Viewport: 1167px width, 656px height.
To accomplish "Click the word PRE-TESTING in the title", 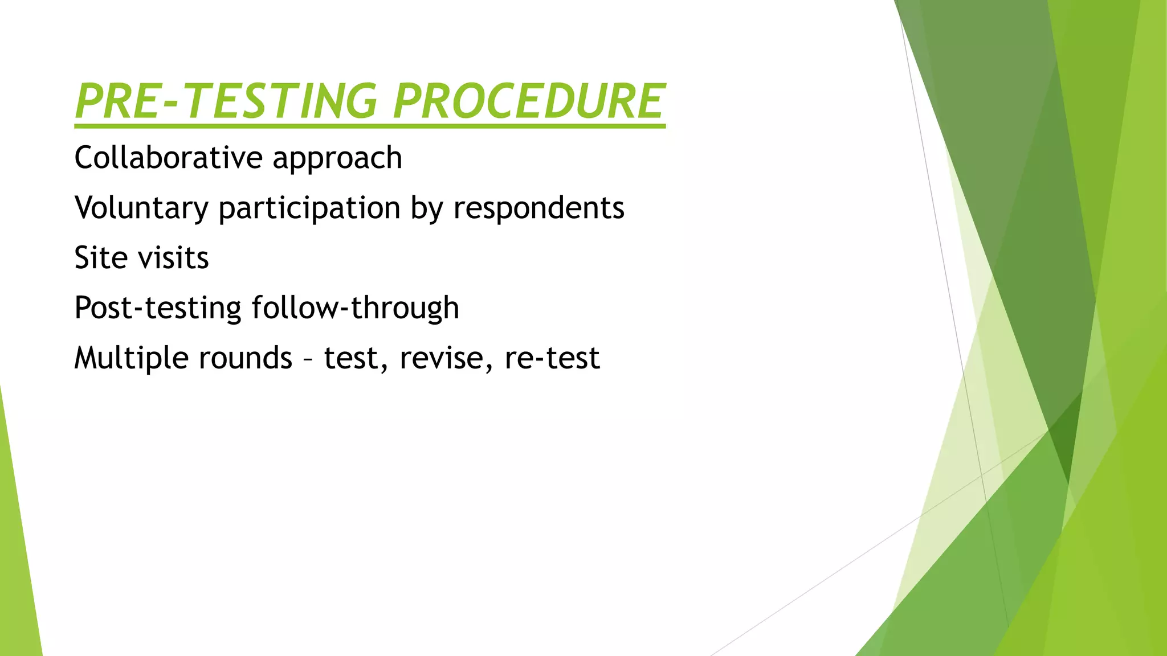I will click(x=226, y=101).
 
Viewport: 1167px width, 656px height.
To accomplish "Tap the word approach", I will click(x=337, y=159).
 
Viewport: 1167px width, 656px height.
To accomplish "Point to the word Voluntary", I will click(x=141, y=208).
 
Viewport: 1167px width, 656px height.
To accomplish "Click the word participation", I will click(x=309, y=208).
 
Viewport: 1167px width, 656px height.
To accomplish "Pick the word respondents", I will click(x=538, y=208).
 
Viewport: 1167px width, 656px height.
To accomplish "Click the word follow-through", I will click(x=355, y=308).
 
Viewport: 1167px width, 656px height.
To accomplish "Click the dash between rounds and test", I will click(x=308, y=360).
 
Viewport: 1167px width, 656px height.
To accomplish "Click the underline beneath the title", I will click(x=370, y=125).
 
